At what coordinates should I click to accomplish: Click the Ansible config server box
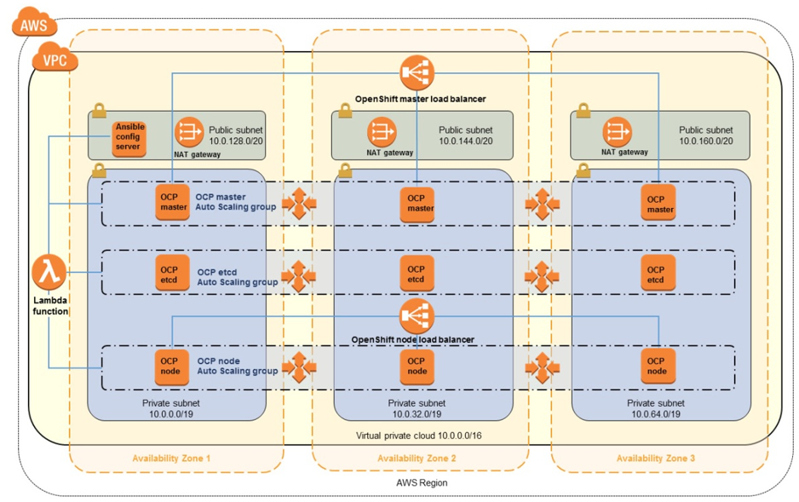point(129,137)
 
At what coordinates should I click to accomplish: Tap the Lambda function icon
point(49,273)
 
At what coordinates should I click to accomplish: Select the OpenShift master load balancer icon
point(417,74)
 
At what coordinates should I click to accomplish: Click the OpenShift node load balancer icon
point(417,316)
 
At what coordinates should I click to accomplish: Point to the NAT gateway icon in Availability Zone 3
point(618,132)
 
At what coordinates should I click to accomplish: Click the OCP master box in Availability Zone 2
point(417,203)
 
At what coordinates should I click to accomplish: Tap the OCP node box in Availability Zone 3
point(656,366)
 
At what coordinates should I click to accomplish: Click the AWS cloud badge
point(35,24)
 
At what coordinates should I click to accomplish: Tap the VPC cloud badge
point(54,61)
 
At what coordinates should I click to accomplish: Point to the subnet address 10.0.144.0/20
point(465,141)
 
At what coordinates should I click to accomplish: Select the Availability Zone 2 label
point(417,459)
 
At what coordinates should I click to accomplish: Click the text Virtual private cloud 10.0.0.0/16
point(417,436)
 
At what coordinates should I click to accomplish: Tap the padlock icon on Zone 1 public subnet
point(99,111)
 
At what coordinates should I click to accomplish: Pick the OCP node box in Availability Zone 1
point(170,366)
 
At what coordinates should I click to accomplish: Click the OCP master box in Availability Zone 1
point(173,202)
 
